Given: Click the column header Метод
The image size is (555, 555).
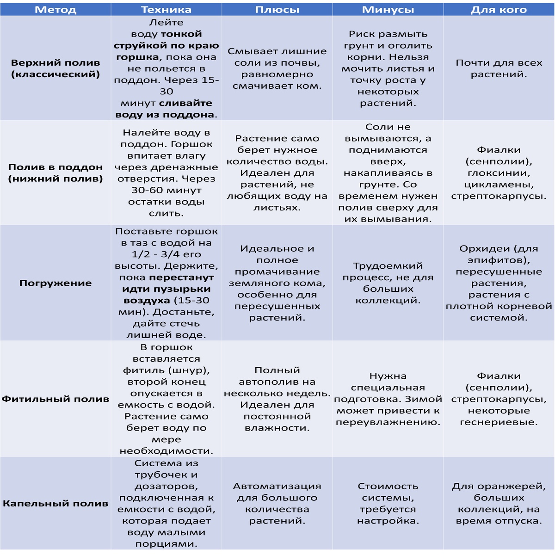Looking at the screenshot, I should pyautogui.click(x=55, y=10).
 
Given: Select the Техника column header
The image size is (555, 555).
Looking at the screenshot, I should pyautogui.click(x=166, y=10).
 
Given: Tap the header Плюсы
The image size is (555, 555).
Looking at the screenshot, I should pyautogui.click(x=277, y=10).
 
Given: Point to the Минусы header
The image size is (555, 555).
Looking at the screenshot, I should pyautogui.click(x=388, y=10).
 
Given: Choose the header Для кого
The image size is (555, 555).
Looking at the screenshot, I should pyautogui.click(x=499, y=10).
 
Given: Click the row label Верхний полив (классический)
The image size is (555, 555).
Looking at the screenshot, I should pyautogui.click(x=55, y=68).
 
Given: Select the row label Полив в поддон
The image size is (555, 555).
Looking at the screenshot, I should pyautogui.click(x=55, y=173).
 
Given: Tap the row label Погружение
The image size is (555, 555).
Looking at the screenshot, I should pyautogui.click(x=55, y=283).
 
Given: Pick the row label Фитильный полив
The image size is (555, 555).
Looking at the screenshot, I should pyautogui.click(x=55, y=399).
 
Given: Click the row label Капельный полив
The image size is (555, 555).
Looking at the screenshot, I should pyautogui.click(x=55, y=503).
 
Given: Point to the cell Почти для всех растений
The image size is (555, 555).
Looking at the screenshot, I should pyautogui.click(x=499, y=68).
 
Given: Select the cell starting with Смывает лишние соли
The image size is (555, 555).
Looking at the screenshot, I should pyautogui.click(x=277, y=68).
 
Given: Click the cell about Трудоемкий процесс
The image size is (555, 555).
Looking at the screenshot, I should pyautogui.click(x=388, y=283).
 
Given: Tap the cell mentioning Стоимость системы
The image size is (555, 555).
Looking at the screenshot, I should pyautogui.click(x=388, y=503).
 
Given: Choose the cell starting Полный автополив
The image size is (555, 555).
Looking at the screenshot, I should pyautogui.click(x=277, y=399).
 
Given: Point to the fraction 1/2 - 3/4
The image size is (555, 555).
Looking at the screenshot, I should pyautogui.click(x=166, y=254).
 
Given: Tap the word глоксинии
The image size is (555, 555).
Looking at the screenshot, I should pyautogui.click(x=499, y=173).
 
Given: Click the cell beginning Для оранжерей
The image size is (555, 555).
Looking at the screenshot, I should pyautogui.click(x=499, y=503).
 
